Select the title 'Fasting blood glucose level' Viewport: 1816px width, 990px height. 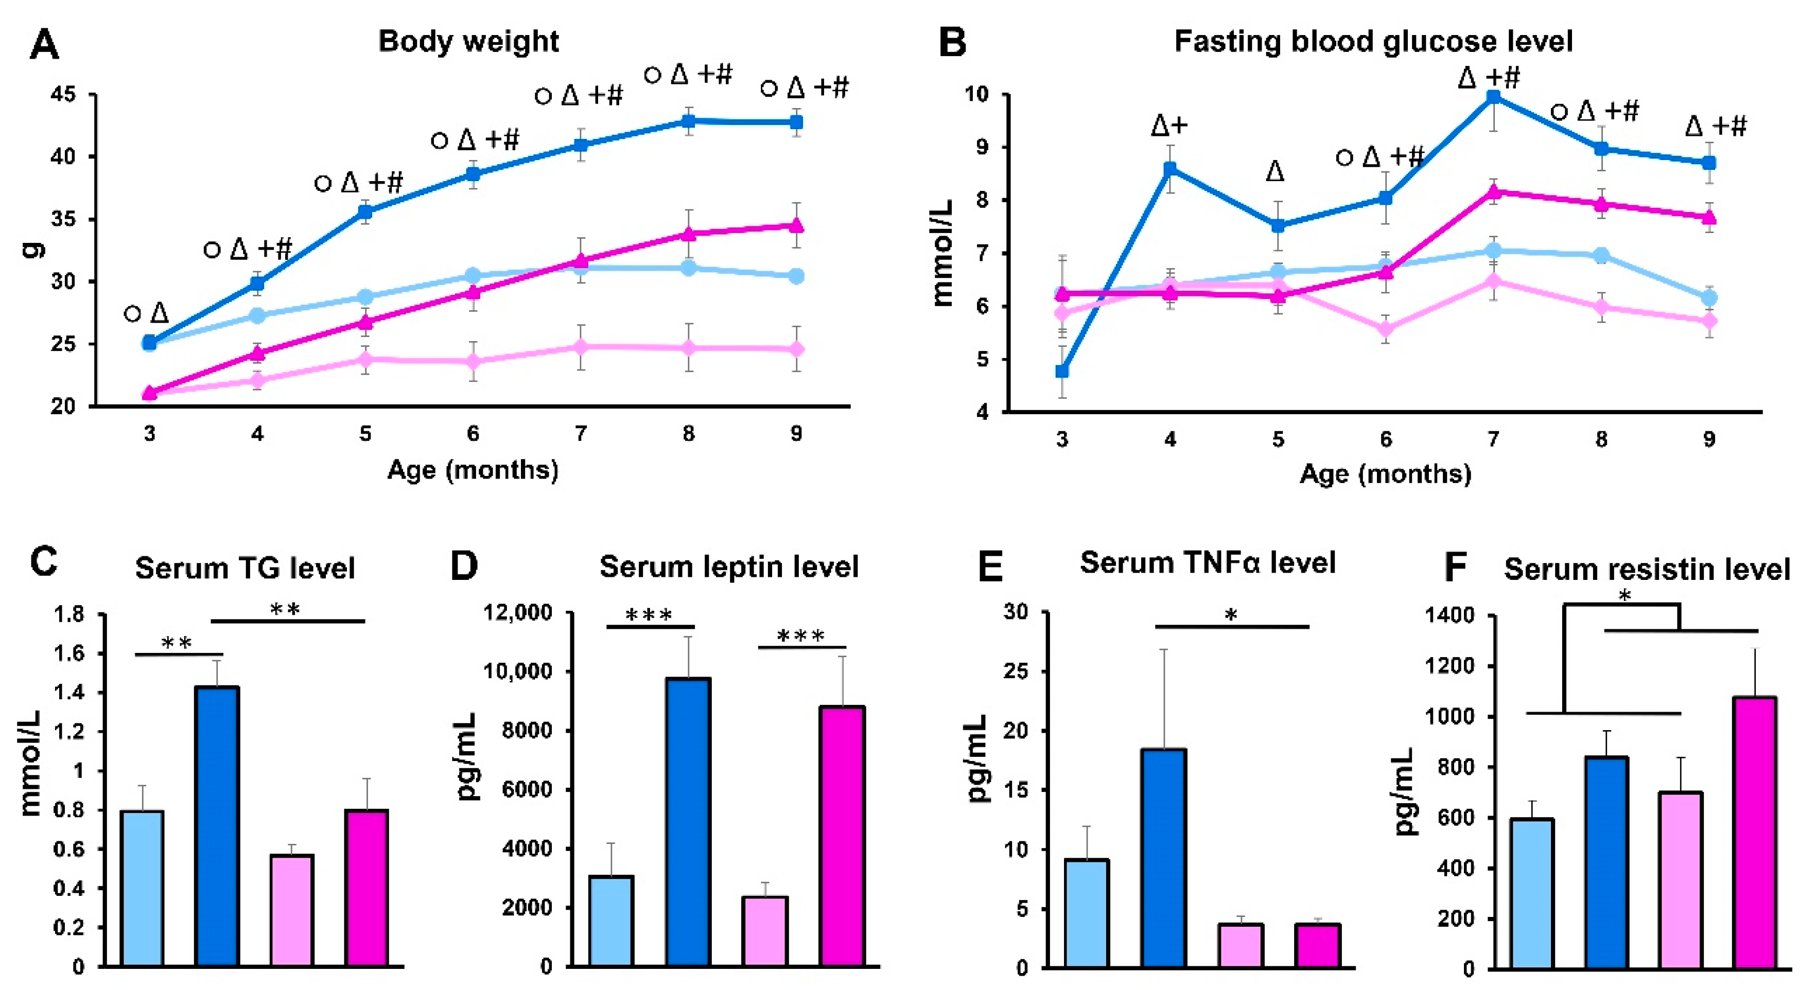tap(1373, 42)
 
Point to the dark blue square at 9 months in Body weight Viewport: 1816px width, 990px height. tap(796, 122)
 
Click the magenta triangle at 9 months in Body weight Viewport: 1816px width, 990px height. tap(796, 225)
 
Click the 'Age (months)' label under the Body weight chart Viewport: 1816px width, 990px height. tap(473, 469)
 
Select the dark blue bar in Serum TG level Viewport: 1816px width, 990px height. tap(217, 825)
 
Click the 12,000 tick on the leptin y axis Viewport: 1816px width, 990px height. tap(517, 613)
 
